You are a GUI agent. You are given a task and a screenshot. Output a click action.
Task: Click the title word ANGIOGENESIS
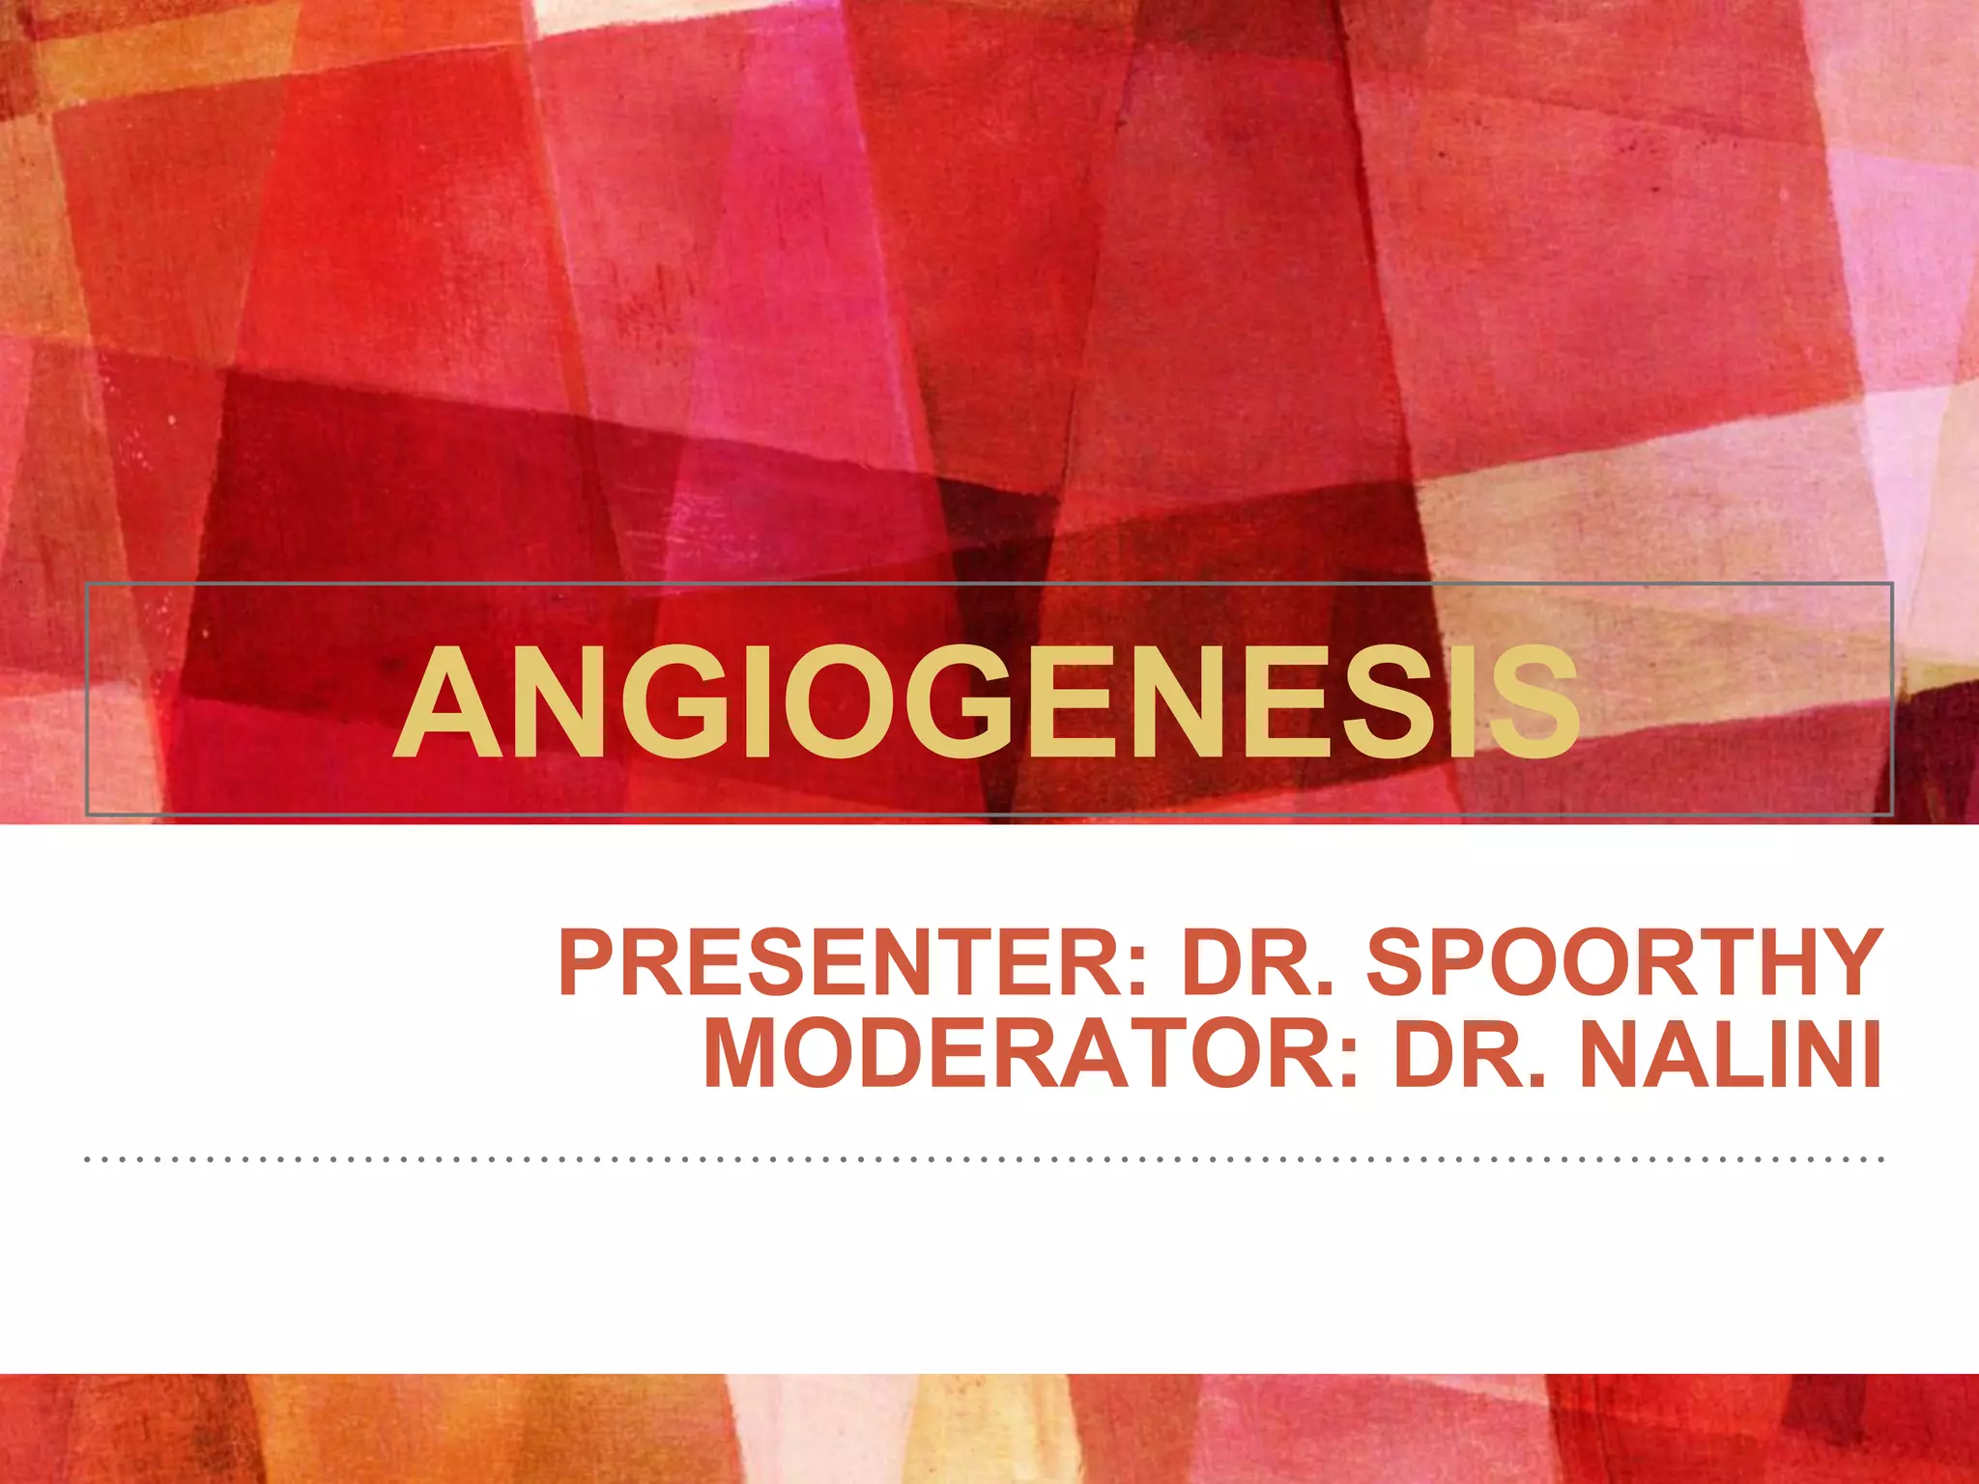click(986, 703)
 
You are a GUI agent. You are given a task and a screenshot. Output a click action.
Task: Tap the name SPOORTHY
click(1623, 963)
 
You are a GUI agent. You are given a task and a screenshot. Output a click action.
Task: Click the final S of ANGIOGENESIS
click(1532, 703)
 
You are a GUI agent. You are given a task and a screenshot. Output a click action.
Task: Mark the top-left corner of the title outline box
click(87, 584)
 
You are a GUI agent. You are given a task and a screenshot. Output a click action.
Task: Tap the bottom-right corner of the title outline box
click(1891, 814)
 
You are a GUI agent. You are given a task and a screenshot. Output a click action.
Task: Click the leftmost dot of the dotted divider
click(88, 1157)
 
